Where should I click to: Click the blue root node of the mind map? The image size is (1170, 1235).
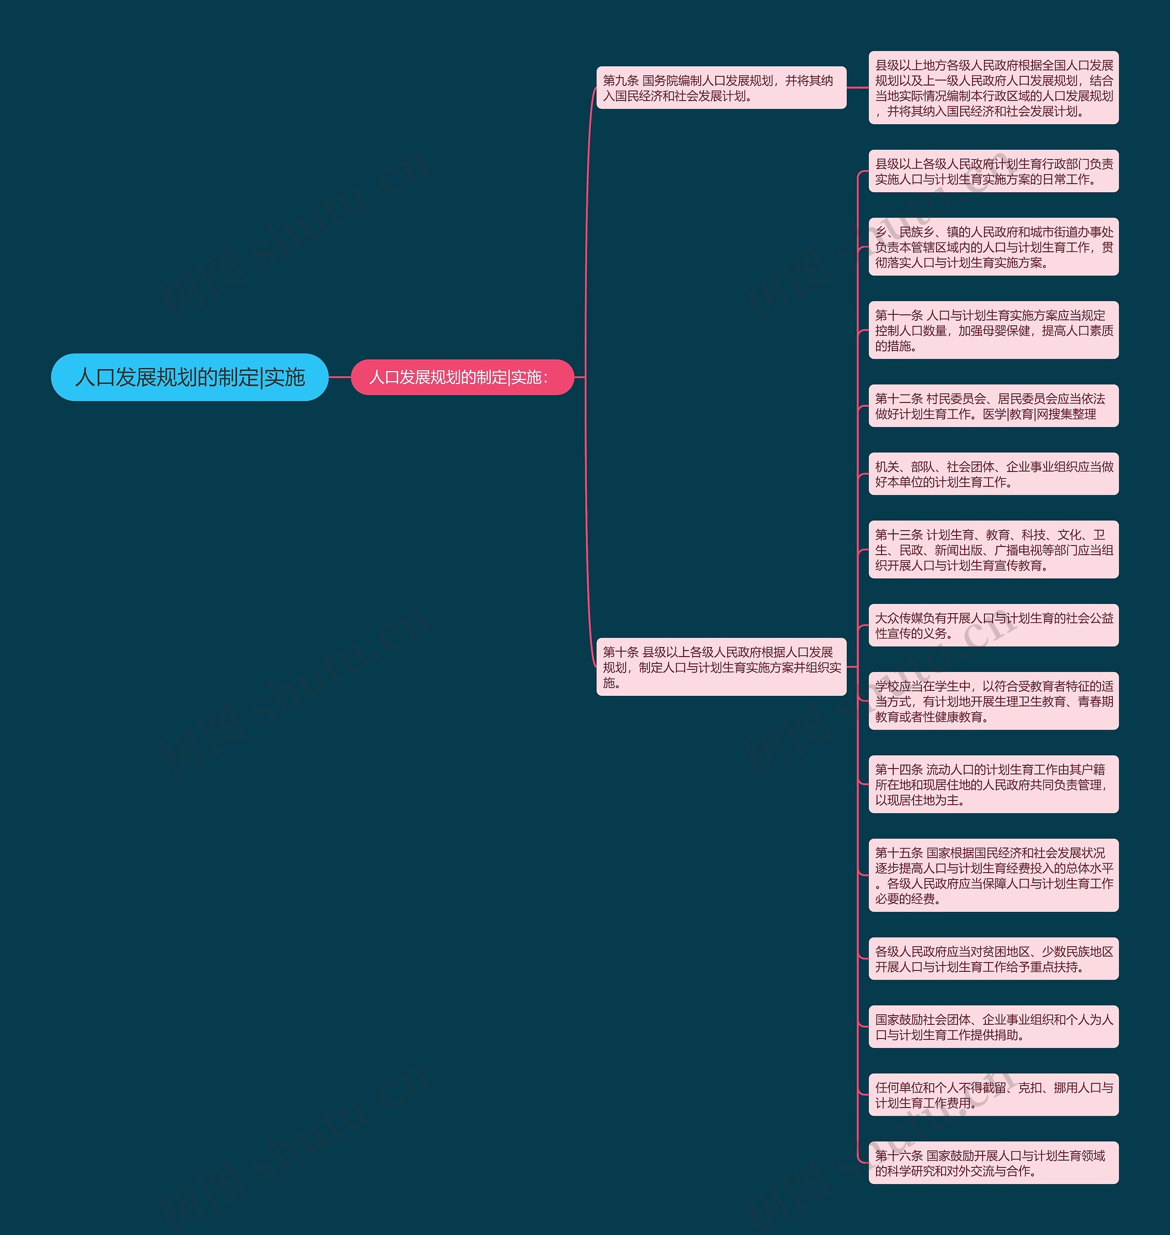point(190,377)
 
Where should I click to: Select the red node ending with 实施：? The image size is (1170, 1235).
point(462,377)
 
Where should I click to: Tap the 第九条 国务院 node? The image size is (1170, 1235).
point(721,88)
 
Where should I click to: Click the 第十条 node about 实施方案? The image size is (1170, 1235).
point(721,667)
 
